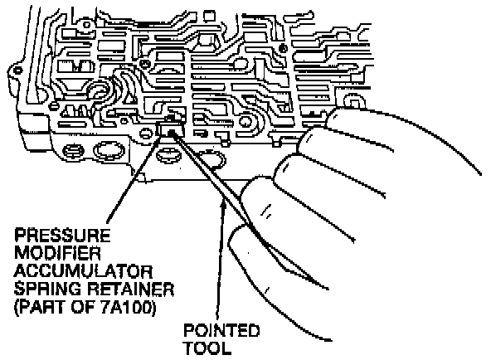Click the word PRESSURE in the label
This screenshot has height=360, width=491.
[x=62, y=236]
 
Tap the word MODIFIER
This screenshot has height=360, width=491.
[x=57, y=253]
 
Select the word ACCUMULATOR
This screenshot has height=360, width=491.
[x=83, y=271]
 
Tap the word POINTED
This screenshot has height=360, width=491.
[x=221, y=330]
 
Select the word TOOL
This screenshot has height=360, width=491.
[x=207, y=348]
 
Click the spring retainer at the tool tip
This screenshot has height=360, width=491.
[x=169, y=129]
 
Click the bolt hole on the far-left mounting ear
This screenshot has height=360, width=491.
[x=18, y=71]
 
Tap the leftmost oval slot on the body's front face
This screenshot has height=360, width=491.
[x=74, y=151]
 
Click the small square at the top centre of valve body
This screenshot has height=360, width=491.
[x=209, y=15]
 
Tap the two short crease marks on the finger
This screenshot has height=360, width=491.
[x=266, y=211]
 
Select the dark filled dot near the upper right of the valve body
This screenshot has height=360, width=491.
[x=283, y=48]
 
